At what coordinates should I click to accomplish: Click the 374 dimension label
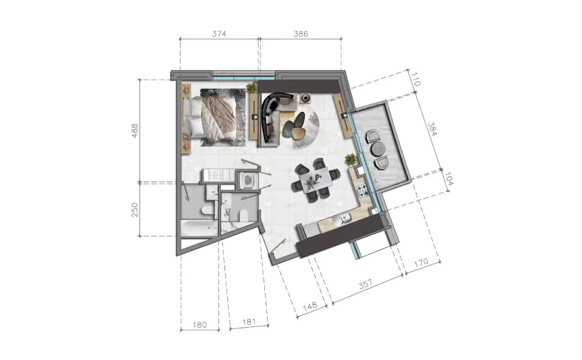click(x=219, y=34)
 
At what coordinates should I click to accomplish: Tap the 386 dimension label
click(x=301, y=34)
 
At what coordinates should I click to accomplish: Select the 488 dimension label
click(x=135, y=131)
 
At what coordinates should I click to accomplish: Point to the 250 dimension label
click(x=135, y=210)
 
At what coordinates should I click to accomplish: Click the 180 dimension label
click(x=200, y=325)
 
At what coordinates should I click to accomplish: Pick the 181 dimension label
click(x=249, y=322)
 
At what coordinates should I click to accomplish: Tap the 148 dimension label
click(x=310, y=306)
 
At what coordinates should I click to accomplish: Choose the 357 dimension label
click(x=366, y=284)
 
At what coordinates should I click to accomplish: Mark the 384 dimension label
click(x=433, y=129)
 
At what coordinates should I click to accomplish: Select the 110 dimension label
click(x=416, y=79)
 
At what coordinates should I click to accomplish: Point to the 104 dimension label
click(x=449, y=179)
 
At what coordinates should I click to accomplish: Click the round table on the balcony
click(x=379, y=149)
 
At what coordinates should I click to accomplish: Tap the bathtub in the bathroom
click(x=199, y=228)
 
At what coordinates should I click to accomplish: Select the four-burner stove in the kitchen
click(x=362, y=191)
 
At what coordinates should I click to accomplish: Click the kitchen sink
click(x=343, y=219)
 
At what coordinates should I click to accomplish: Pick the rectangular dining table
click(x=316, y=180)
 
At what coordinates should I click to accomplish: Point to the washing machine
click(x=248, y=180)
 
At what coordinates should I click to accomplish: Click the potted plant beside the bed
click(x=251, y=88)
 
